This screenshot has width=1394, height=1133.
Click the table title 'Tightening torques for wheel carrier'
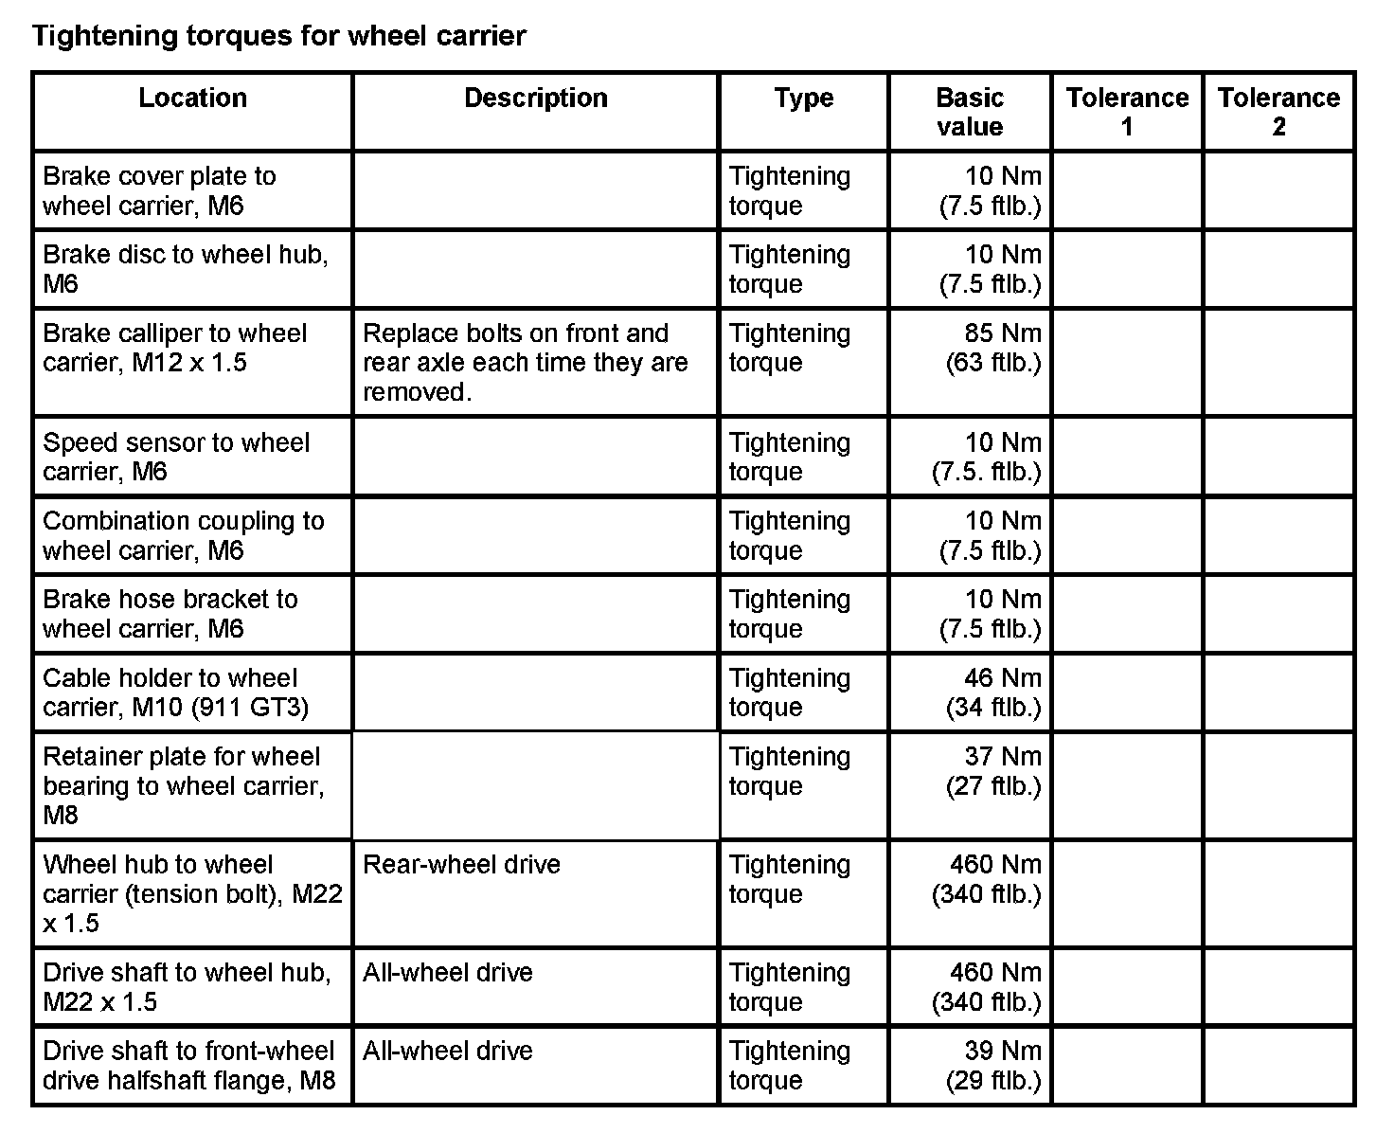(279, 36)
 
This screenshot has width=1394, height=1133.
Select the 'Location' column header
(192, 98)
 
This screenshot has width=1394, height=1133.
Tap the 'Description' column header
(535, 98)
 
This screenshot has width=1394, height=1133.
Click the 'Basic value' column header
(969, 112)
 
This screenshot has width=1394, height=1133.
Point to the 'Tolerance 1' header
(1127, 112)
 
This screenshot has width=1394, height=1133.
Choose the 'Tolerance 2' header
(1278, 112)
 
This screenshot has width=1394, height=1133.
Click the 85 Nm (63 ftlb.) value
(992, 348)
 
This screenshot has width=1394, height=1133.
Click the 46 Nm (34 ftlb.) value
(992, 692)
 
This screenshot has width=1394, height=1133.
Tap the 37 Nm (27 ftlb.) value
(992, 771)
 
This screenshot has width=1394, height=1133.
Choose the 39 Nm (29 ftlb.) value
(992, 1065)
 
